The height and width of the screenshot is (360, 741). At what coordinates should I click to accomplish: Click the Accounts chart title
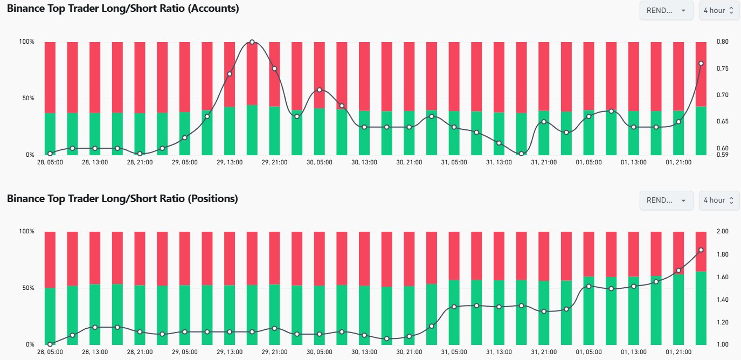pos(123,9)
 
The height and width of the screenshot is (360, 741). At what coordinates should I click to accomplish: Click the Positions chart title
pos(122,198)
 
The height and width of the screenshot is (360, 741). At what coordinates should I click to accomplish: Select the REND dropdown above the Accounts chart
pos(666,10)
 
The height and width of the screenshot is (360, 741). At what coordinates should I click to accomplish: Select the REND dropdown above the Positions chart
pos(666,200)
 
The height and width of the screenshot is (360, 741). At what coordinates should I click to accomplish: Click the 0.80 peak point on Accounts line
pos(252,42)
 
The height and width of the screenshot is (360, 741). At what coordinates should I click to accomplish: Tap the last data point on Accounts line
pos(701,64)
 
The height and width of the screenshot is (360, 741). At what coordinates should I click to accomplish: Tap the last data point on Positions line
pos(701,250)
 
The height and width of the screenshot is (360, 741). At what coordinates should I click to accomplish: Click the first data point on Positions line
pos(50,344)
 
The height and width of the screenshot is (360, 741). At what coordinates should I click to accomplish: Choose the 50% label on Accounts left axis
pos(27,99)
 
